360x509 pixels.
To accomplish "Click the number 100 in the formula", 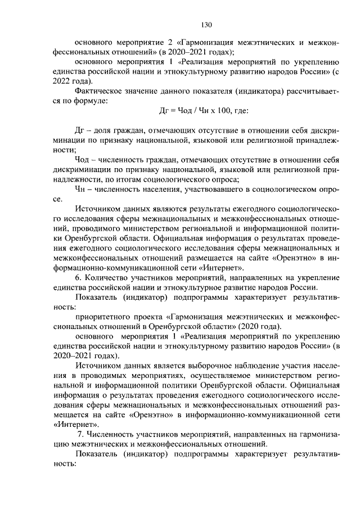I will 216,111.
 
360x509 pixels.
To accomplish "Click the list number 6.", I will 78,278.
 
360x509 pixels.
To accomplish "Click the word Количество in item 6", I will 106,278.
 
